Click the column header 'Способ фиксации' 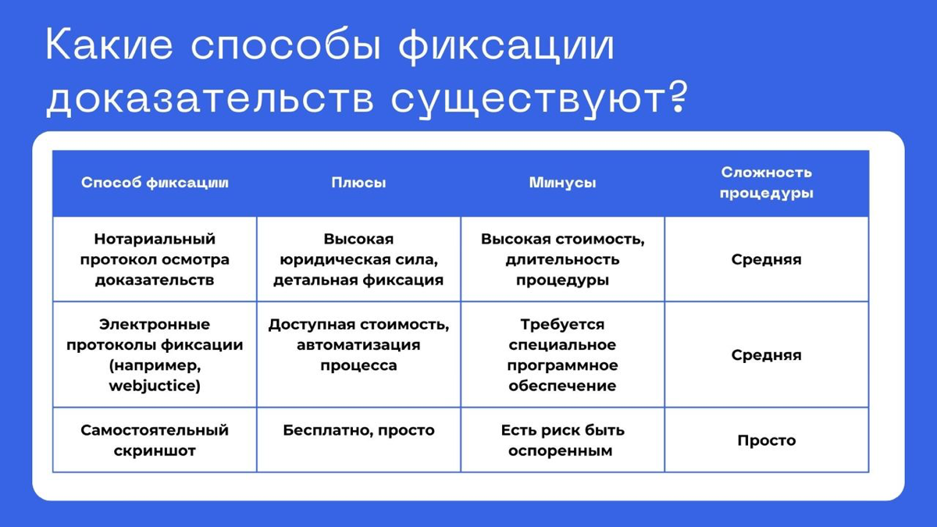coord(155,183)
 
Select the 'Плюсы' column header coord(358,183)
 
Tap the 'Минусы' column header coord(562,183)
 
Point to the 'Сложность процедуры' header coord(766,183)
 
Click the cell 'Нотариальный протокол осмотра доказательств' coord(155,259)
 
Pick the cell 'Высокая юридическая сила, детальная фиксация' coord(358,259)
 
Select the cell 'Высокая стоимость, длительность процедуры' coord(562,259)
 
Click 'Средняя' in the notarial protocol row coord(766,259)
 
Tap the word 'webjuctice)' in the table coord(155,386)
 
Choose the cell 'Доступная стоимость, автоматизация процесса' coord(358,344)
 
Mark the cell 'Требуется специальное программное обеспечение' coord(562,354)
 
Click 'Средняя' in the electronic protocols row coord(766,354)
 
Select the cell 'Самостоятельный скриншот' coord(155,440)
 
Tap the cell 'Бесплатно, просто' coord(358,430)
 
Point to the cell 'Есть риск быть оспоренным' coord(562,440)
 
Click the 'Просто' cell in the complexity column coord(766,440)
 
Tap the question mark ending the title coord(679,100)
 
